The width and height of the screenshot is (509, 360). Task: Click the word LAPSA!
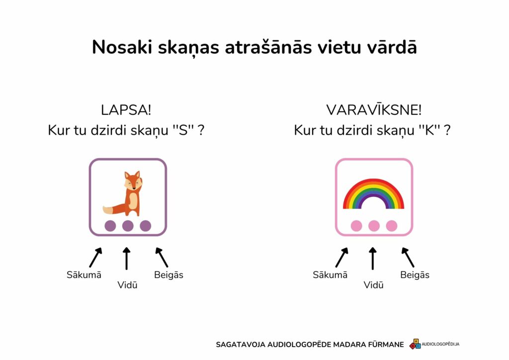pos(126,110)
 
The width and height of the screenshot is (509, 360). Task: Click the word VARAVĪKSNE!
pos(374,110)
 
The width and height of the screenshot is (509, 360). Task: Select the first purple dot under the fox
pos(110,226)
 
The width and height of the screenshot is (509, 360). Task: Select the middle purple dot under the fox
pos(128,226)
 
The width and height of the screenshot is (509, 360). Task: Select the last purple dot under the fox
pos(146,226)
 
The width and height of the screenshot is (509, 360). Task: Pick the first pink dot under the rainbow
pos(356,226)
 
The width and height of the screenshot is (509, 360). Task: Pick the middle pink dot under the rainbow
pos(374,226)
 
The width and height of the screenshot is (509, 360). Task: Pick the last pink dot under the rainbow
pos(392,226)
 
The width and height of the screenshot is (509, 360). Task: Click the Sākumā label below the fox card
pos(84,274)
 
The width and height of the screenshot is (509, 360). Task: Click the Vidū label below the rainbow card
pos(373,285)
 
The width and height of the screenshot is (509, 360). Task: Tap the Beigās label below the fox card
pos(169,274)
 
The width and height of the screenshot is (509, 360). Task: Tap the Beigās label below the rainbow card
pos(415,274)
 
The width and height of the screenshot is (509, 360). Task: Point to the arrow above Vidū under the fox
pos(127,259)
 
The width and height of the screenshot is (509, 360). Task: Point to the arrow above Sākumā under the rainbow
pos(342,258)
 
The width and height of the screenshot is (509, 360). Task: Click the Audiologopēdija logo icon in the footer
pos(415,344)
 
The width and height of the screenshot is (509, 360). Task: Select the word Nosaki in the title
pos(122,47)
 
